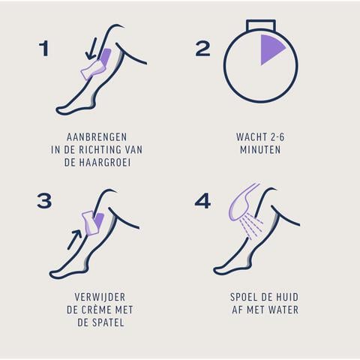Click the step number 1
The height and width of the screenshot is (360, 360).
[x=44, y=49]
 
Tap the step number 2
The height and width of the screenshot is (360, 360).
[x=202, y=49]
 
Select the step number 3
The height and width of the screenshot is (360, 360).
[x=44, y=201]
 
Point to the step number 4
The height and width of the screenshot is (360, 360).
[x=202, y=201]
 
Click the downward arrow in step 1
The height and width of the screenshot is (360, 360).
[x=91, y=49]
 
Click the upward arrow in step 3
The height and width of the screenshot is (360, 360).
[x=74, y=239]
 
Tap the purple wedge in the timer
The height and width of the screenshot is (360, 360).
[x=271, y=49]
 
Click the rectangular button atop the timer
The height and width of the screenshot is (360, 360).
[x=261, y=25]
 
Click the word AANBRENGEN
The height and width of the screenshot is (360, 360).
[x=97, y=137]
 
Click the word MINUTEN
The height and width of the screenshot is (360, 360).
[x=260, y=150]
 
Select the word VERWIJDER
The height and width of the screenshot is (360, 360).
[x=100, y=297]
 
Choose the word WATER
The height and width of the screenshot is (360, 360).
[x=283, y=310]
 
